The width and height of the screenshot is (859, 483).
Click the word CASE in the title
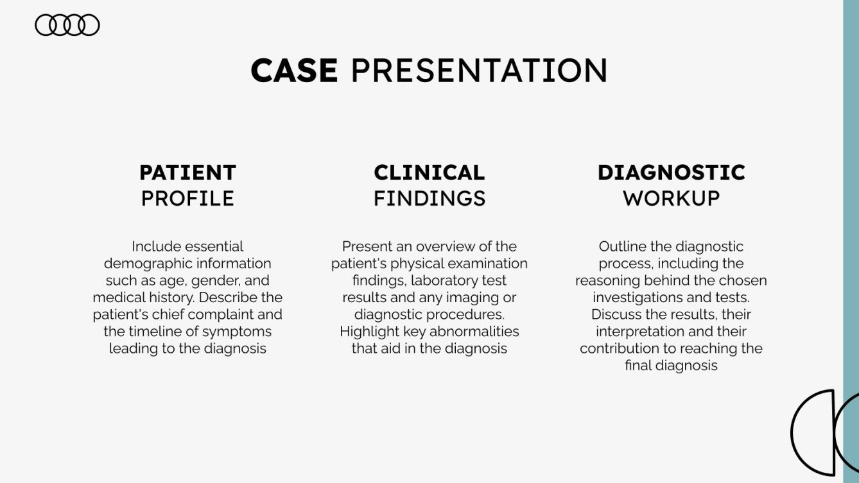tap(294, 71)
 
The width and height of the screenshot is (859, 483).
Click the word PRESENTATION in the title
tap(479, 71)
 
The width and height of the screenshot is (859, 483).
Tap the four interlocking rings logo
tap(67, 25)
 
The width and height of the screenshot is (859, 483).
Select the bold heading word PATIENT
tap(187, 173)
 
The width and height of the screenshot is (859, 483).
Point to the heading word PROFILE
tap(187, 198)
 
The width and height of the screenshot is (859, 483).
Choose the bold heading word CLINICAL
tap(429, 173)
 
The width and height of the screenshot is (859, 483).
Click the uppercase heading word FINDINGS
tap(429, 198)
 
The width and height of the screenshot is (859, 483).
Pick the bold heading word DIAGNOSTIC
tap(671, 173)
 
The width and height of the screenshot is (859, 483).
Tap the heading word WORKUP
tap(671, 198)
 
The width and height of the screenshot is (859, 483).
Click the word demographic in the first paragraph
tap(143, 264)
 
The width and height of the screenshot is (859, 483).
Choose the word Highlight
tap(368, 332)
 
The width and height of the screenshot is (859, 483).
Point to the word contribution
tap(618, 349)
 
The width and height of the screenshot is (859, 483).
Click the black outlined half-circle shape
tap(813, 431)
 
